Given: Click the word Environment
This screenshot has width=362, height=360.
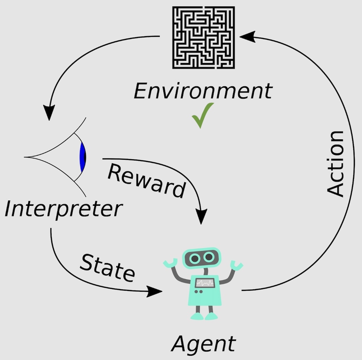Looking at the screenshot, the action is tap(203, 91).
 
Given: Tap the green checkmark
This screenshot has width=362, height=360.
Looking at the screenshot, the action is tap(203, 115).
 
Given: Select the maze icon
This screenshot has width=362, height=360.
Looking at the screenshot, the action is tap(204, 37).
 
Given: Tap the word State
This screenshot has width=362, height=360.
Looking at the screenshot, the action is tap(107, 268).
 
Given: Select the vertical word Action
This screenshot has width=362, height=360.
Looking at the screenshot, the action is tap(335, 164).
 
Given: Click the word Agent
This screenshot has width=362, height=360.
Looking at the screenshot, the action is tap(203, 344).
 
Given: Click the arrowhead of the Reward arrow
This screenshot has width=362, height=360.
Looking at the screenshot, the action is tap(201, 216).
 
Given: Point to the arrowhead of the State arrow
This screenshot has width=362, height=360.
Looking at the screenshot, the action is tap(154, 291).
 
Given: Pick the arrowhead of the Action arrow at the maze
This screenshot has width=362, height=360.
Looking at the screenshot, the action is tap(247, 36).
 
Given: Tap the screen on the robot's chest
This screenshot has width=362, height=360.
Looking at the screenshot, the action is tap(205, 283).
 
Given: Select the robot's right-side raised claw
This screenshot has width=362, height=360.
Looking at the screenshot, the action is tap(237, 265).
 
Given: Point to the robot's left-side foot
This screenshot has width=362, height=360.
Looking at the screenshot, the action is tap(197, 316).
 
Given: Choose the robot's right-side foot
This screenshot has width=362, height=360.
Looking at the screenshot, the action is tap(211, 316).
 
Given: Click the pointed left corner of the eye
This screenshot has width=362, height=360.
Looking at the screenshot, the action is tap(24, 157).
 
